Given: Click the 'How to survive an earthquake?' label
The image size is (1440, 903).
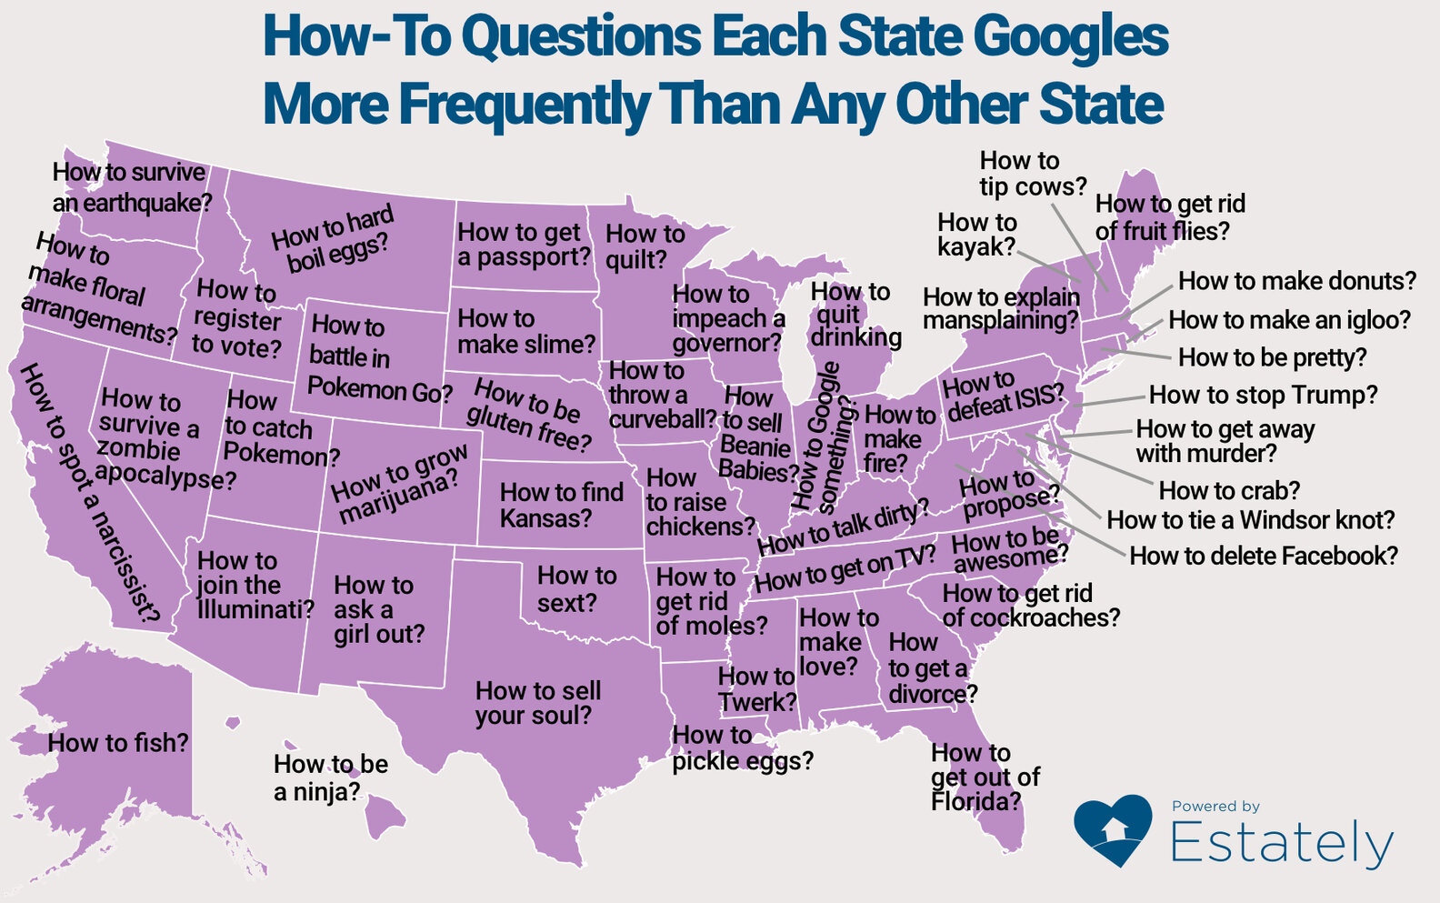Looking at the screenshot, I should [130, 187].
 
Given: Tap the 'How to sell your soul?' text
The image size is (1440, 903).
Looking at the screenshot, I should [537, 703].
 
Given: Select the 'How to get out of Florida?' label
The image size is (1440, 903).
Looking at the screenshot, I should [984, 777].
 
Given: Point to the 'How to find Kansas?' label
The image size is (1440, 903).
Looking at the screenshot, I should [561, 505].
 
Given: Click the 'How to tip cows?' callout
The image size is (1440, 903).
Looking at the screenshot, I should [1032, 174].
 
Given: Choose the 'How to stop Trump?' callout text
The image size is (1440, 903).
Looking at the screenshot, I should [1263, 395].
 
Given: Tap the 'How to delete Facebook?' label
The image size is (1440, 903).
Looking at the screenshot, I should [1263, 556].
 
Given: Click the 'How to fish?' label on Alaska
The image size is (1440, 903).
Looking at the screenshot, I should [118, 743].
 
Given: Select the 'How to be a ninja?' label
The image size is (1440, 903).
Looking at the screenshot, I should [330, 778].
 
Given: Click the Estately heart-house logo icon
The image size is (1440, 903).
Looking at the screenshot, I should [1112, 829].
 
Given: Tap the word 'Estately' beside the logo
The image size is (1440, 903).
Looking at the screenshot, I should [1281, 843].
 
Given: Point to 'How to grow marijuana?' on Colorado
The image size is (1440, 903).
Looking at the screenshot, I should [399, 485].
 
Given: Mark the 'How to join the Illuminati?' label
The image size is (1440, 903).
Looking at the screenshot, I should [255, 585].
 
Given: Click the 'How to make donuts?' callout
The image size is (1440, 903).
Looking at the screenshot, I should [1296, 281].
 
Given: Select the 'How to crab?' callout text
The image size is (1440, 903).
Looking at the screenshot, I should [1229, 491].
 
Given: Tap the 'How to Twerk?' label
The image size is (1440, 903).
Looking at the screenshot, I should [756, 689].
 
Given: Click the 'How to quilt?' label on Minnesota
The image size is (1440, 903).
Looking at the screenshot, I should [644, 246].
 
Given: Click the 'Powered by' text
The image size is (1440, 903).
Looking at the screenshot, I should [1215, 806].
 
